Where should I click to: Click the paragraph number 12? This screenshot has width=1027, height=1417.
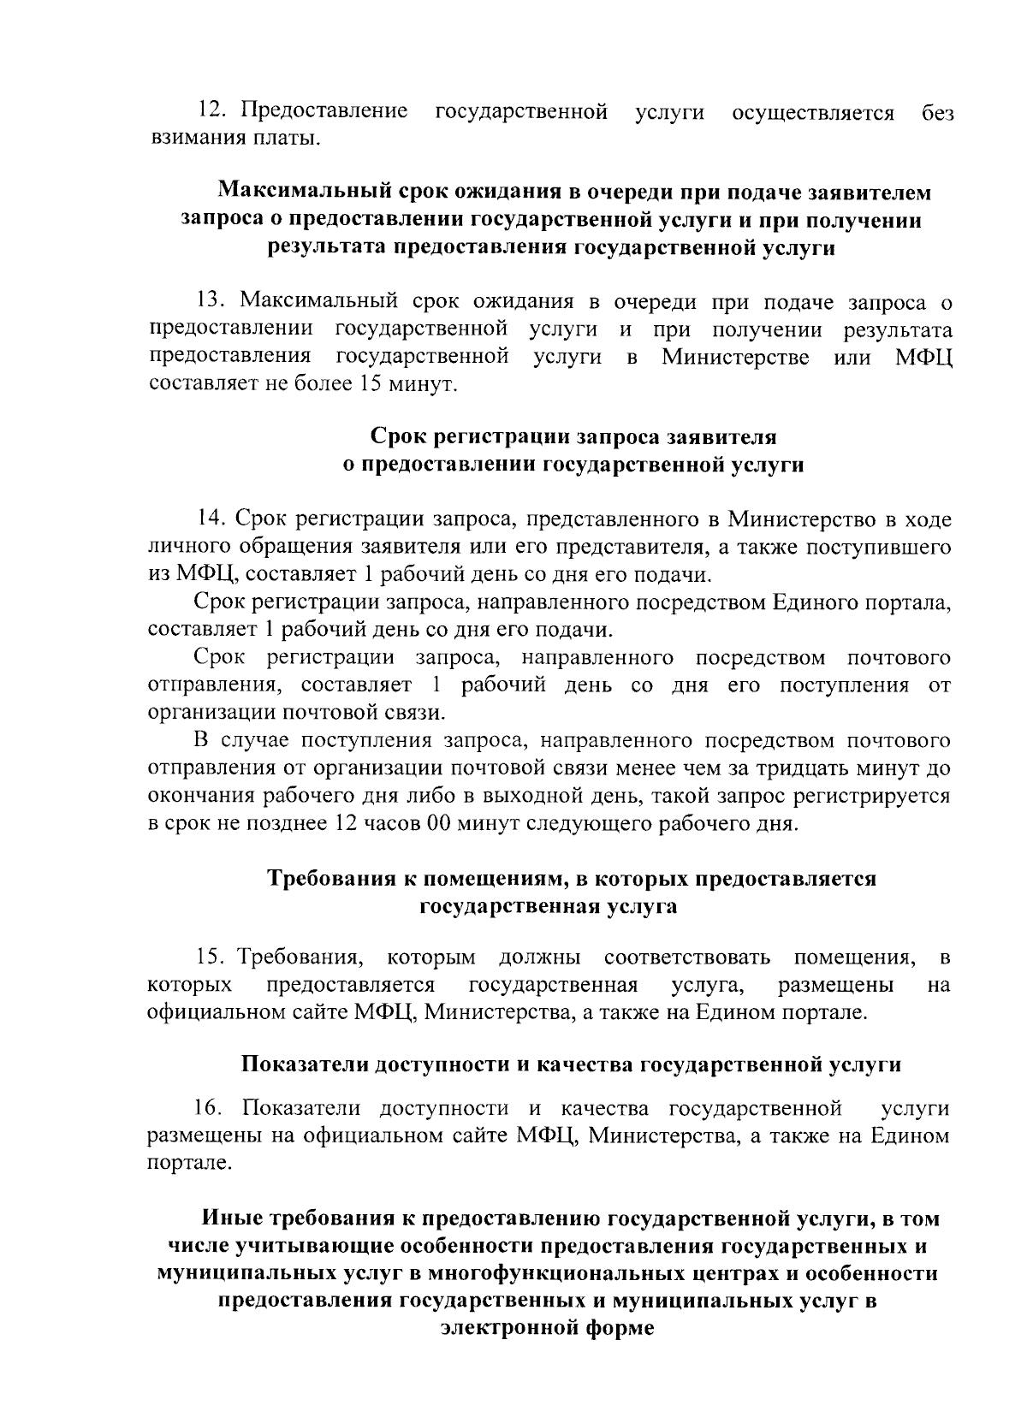pos(209,112)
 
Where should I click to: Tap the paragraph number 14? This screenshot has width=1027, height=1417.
pos(210,519)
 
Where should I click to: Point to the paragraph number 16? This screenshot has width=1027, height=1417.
pos(209,1108)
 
